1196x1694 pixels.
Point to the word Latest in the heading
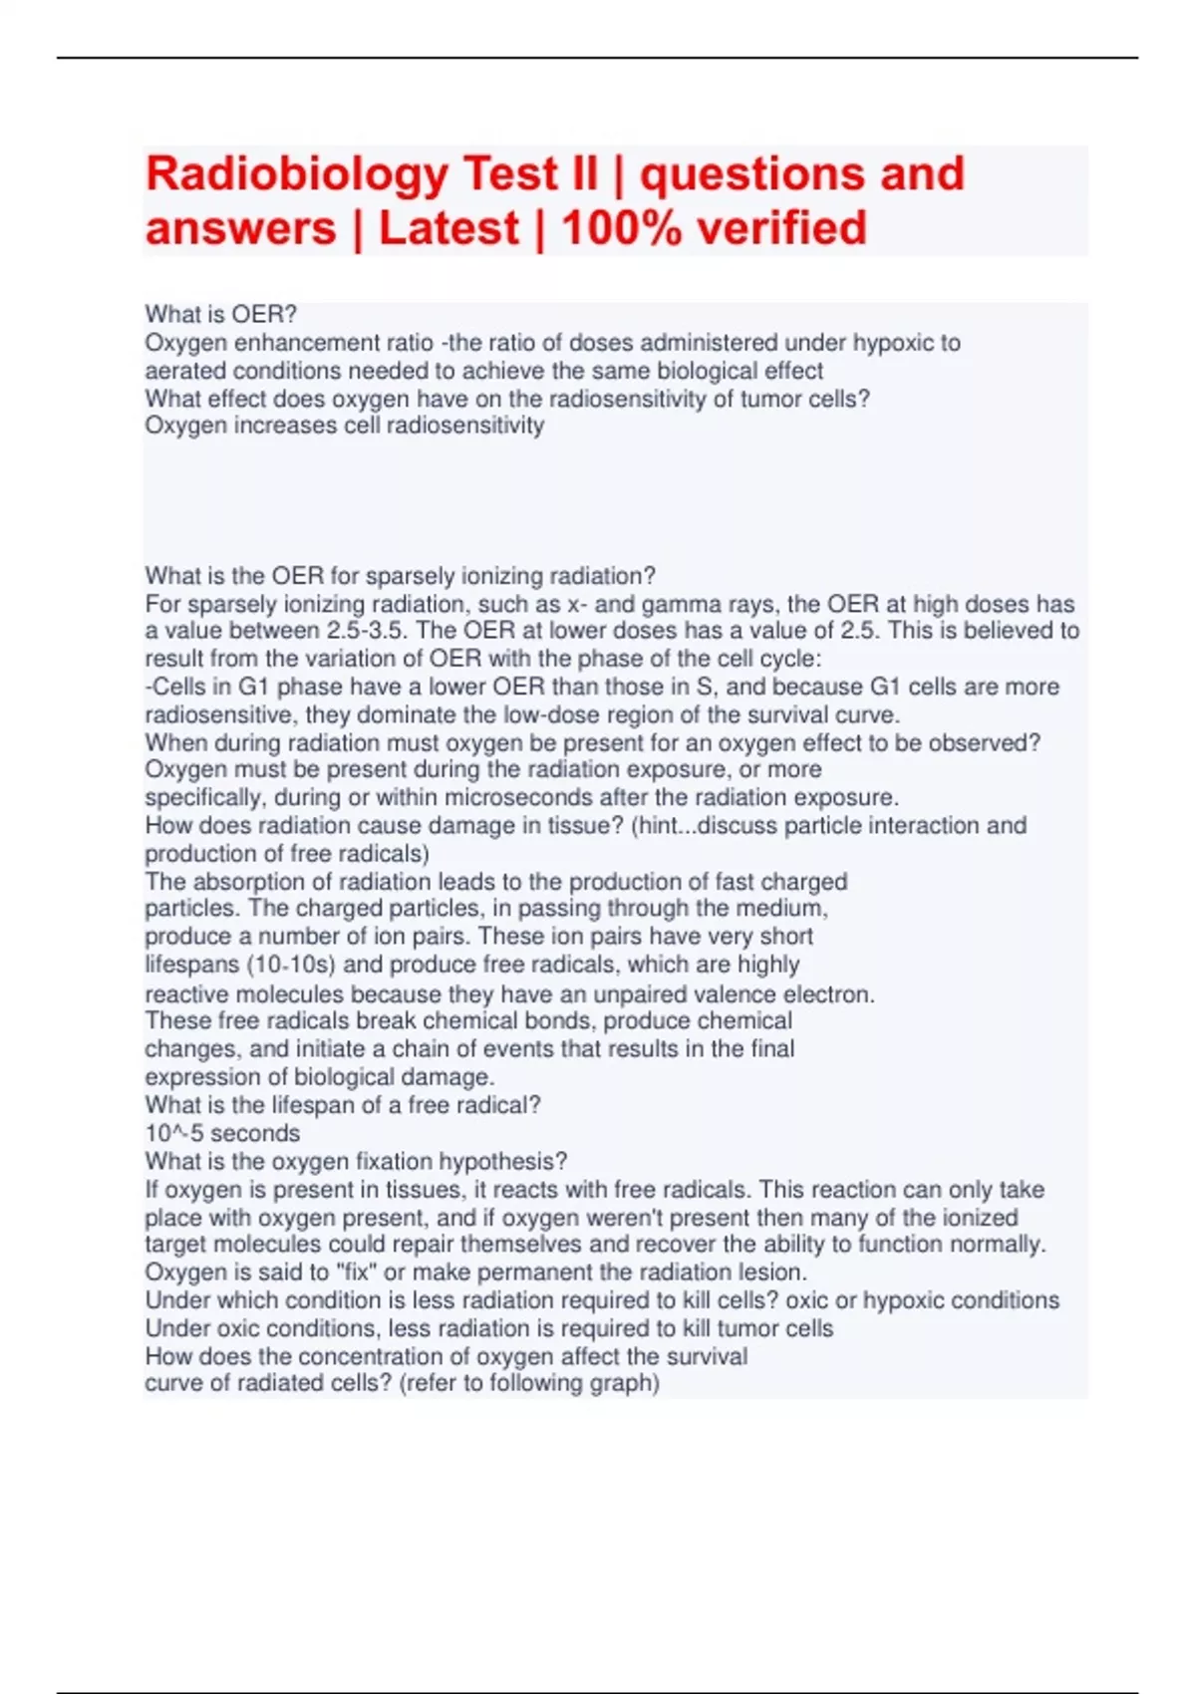pyautogui.click(x=448, y=229)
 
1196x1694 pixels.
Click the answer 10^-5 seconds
pyautogui.click(x=222, y=1133)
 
